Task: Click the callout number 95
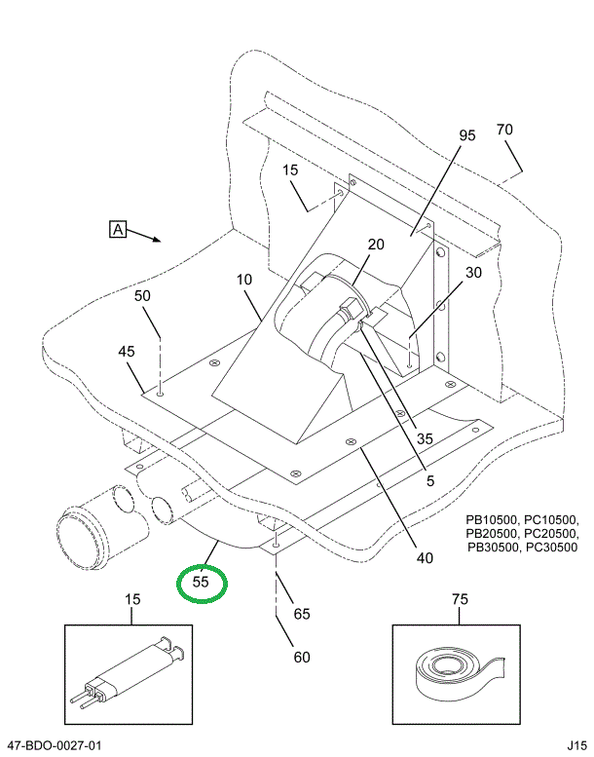[x=466, y=135]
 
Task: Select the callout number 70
[x=503, y=130]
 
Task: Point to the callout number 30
[x=473, y=273]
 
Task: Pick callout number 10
[x=243, y=280]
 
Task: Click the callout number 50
[x=142, y=295]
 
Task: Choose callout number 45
[x=127, y=351]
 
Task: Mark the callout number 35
[x=424, y=438]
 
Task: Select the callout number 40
[x=424, y=558]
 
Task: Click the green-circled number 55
[x=201, y=583]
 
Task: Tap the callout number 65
[x=302, y=614]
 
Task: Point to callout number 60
[x=302, y=657]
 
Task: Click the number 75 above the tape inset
[x=459, y=599]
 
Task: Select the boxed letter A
[x=117, y=230]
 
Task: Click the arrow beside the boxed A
[x=146, y=236]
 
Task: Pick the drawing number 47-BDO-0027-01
[x=54, y=746]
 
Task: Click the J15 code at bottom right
[x=576, y=746]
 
